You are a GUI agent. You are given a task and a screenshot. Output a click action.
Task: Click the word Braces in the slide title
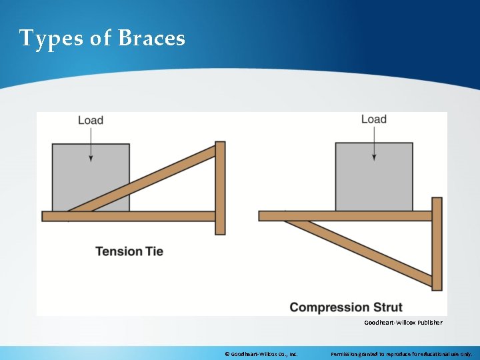pos(151,38)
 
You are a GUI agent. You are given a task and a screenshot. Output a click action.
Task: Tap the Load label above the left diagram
pos(91,120)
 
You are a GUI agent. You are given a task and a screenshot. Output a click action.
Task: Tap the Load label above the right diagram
pos(373,119)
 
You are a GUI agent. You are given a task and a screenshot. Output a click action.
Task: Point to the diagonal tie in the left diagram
pos(153,176)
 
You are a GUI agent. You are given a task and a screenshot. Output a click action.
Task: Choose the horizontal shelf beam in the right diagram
pos(333,215)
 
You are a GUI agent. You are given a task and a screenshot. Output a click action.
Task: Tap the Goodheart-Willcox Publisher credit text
pos(403,323)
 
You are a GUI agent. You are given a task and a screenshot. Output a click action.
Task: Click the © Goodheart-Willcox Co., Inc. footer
pos(261,353)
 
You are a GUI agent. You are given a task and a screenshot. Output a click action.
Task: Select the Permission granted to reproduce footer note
pos(401,353)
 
